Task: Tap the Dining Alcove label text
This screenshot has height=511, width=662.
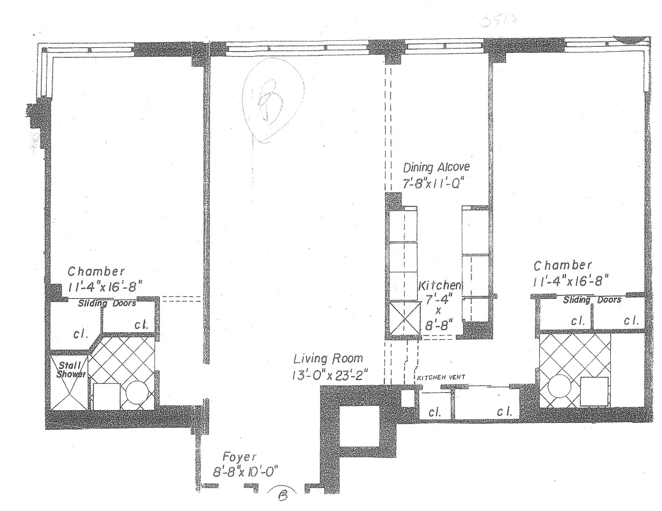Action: point(436,168)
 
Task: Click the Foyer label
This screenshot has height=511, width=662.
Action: point(239,457)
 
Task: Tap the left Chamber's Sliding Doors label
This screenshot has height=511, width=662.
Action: point(107,304)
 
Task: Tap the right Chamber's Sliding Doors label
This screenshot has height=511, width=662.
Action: point(592,300)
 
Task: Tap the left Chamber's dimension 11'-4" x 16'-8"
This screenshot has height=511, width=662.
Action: point(105,286)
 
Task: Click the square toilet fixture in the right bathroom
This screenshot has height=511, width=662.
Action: point(594,391)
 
